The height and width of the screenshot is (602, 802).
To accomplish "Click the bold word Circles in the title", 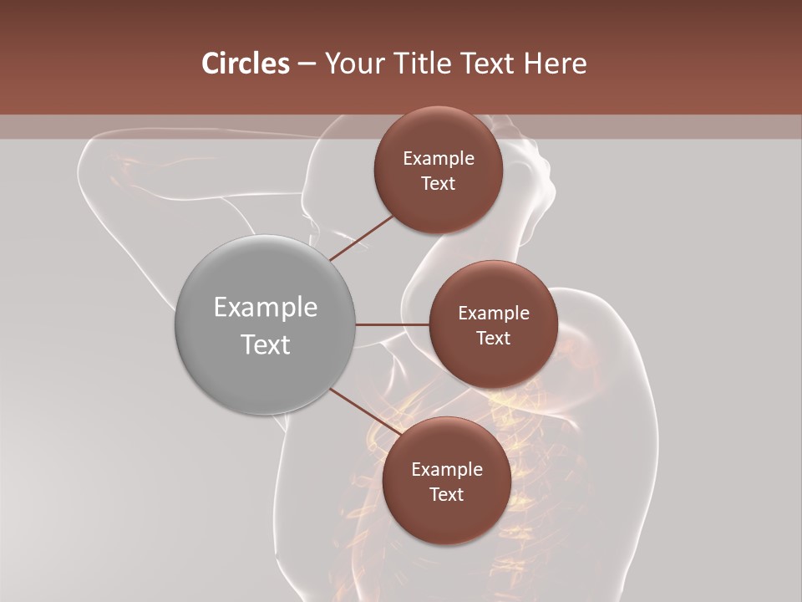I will point(245,64).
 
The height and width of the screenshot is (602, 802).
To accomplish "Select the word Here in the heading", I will point(555,64).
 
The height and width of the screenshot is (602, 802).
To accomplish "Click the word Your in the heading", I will point(352,64).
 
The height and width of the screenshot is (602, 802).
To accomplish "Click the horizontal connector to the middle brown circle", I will point(393,324).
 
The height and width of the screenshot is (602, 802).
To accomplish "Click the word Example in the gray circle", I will point(265,308).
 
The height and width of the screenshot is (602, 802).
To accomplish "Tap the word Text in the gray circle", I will point(265,344).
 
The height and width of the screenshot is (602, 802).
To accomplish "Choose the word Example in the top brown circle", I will point(438,159).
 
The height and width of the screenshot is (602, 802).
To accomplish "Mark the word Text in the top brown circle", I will point(438,184).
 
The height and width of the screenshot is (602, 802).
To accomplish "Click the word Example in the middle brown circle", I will point(493,314).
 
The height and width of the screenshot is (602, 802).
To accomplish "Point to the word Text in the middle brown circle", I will point(493,339).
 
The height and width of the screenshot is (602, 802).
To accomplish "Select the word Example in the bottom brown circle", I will point(446,470).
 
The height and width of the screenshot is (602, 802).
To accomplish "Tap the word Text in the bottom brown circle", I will point(446,495).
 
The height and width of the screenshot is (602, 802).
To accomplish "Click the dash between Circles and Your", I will point(307,64).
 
